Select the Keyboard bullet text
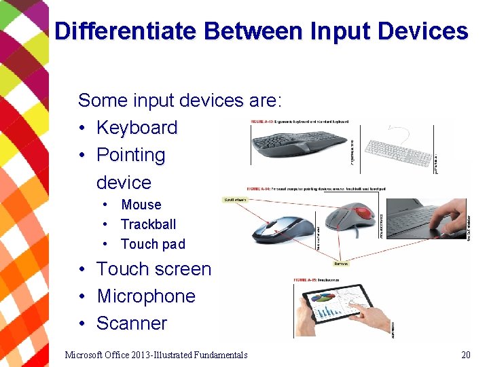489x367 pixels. [x=137, y=128]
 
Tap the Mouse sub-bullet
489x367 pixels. [x=141, y=205]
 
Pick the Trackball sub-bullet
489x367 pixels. [x=148, y=224]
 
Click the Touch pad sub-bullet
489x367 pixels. [x=153, y=244]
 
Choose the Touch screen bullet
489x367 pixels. [x=153, y=269]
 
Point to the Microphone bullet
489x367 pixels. [x=146, y=296]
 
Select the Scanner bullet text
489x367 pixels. [x=132, y=324]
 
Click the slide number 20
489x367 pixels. [x=465, y=354]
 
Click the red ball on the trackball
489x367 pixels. [x=365, y=213]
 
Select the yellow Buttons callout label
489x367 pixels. [x=342, y=263]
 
